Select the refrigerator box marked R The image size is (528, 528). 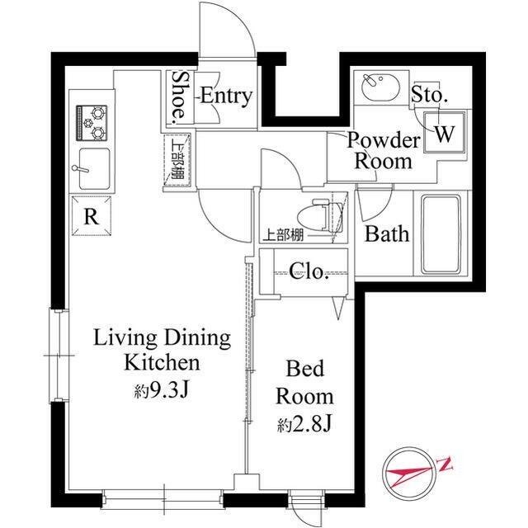point(92,218)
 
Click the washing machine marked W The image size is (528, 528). point(443,134)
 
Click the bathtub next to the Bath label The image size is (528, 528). point(445,233)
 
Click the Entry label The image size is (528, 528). point(224,96)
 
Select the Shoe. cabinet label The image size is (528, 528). point(179,96)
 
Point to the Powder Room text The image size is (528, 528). point(383,150)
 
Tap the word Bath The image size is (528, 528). point(387,233)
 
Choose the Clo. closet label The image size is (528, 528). point(309,271)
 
